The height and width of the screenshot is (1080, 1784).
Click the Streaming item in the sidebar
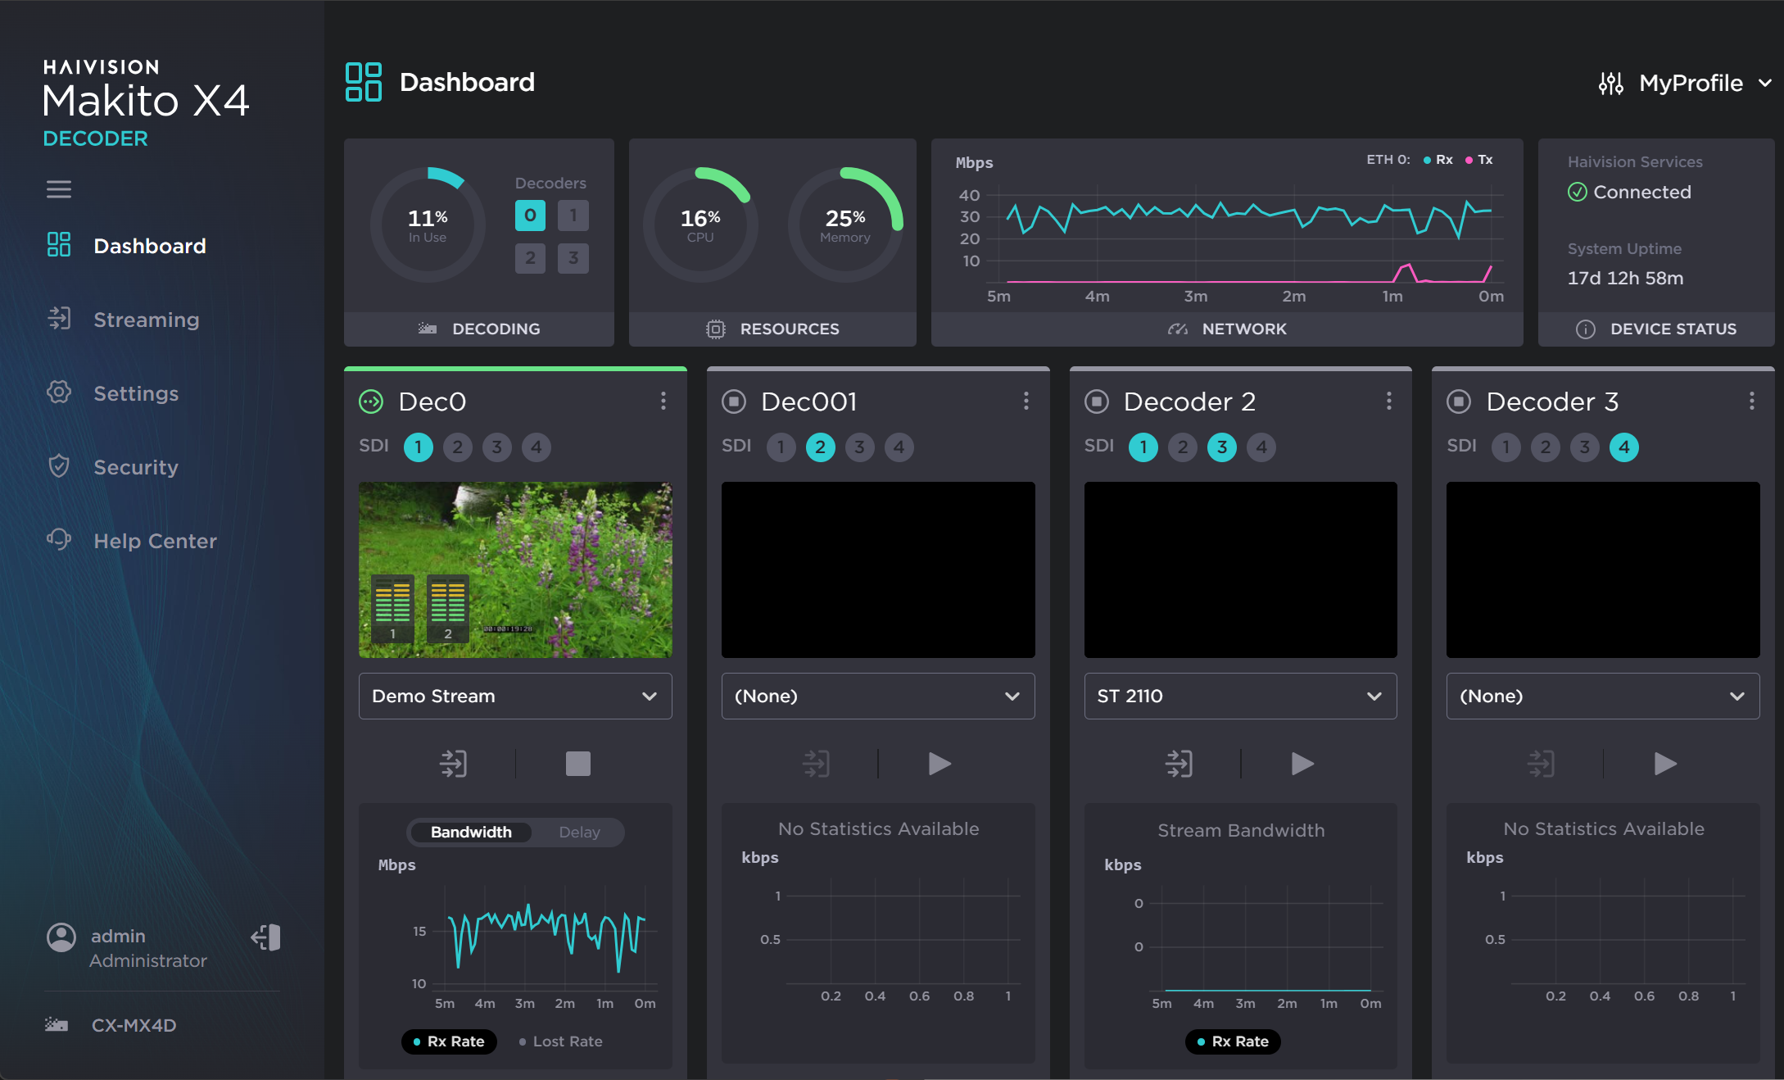[146, 320]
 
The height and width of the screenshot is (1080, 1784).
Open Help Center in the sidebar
[154, 541]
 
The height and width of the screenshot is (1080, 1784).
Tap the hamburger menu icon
[59, 189]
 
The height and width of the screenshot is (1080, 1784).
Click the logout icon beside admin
[266, 937]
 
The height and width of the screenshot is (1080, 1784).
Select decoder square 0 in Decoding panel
[530, 216]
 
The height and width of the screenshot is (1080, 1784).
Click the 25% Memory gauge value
[844, 219]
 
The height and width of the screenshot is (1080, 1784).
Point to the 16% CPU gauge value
[700, 219]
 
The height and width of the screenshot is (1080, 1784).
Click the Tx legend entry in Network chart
[1481, 160]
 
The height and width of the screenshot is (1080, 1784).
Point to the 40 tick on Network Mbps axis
[969, 195]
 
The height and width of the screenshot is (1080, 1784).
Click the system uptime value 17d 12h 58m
[1625, 278]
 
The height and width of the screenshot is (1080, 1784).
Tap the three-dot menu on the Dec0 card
[663, 401]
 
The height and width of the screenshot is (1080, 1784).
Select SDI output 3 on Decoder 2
[1221, 447]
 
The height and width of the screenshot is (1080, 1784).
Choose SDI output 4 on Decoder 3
[1623, 447]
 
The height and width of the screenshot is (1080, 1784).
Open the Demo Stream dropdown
[515, 696]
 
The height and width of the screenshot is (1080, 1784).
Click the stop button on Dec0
[577, 764]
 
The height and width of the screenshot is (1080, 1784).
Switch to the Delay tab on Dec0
[579, 833]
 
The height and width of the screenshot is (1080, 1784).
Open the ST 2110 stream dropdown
[1240, 696]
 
